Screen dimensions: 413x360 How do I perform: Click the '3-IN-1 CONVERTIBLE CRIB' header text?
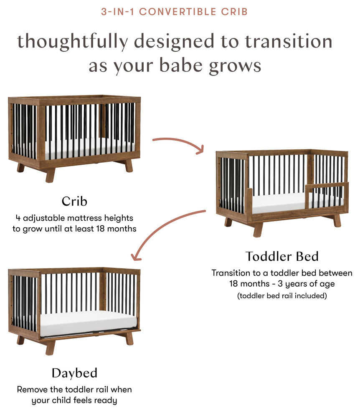click(x=174, y=11)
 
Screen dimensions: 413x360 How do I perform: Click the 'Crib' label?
click(x=74, y=201)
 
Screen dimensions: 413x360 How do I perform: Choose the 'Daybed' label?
click(x=74, y=373)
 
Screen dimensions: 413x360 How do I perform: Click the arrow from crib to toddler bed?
click(x=180, y=143)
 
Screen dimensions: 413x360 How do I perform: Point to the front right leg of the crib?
click(x=129, y=166)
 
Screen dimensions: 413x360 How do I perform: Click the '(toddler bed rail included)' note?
click(x=281, y=296)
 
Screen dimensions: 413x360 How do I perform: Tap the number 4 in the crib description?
click(x=18, y=218)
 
